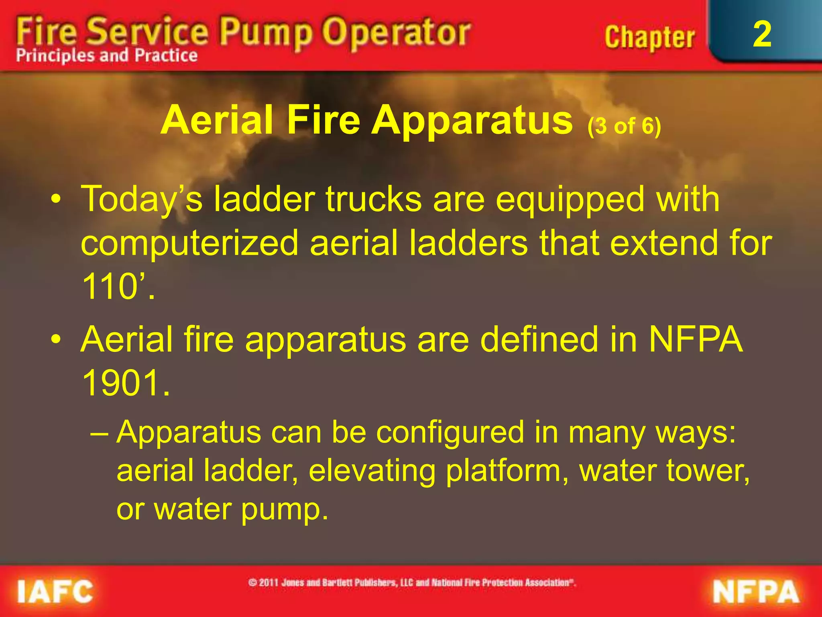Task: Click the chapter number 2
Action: tap(762, 35)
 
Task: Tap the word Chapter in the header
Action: tap(649, 38)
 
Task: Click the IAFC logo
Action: tap(55, 592)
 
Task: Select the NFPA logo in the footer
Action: tap(756, 592)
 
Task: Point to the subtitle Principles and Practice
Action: tap(107, 55)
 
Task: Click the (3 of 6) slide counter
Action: tap(624, 126)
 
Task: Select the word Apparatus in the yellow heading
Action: tap(472, 121)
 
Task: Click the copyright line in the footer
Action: tap(412, 582)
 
